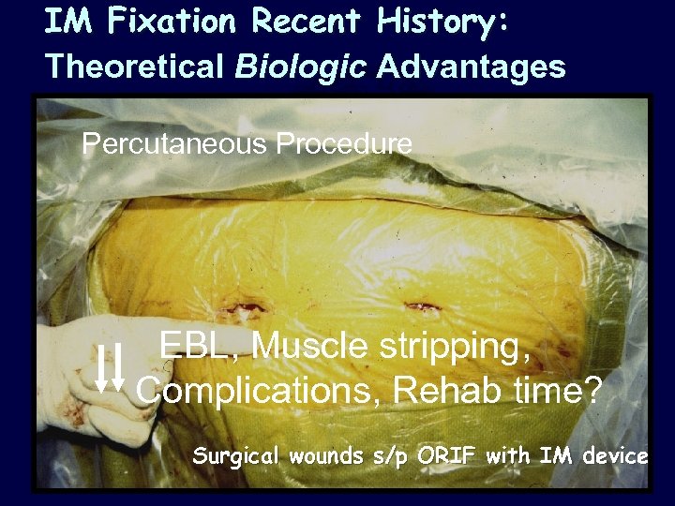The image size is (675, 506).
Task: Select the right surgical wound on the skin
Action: (417, 305)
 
